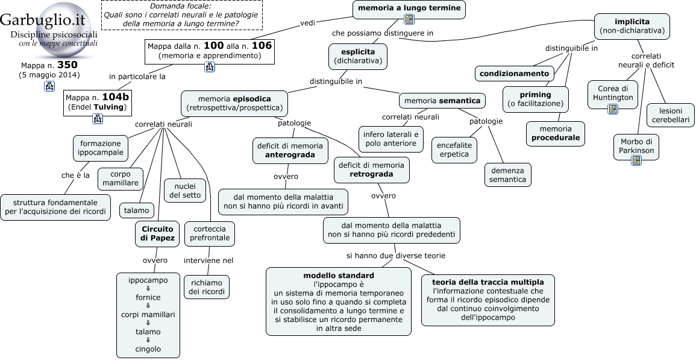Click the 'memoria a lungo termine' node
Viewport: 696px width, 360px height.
click(x=409, y=10)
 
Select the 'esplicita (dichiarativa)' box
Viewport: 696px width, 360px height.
click(x=358, y=57)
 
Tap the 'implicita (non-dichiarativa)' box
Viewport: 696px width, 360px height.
click(x=632, y=26)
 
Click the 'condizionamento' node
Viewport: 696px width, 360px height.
click(x=514, y=74)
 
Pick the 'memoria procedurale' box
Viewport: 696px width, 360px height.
click(x=555, y=133)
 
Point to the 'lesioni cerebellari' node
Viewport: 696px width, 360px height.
click(x=670, y=115)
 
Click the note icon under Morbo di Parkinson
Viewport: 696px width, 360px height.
click(x=636, y=160)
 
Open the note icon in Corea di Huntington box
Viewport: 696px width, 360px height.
click(x=613, y=109)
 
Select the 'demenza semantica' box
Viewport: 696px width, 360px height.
click(x=508, y=175)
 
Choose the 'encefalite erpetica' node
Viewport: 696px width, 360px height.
click(x=454, y=150)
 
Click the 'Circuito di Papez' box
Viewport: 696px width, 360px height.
click(x=157, y=233)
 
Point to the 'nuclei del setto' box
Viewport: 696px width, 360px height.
click(x=185, y=190)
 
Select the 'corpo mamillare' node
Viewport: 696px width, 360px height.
click(x=121, y=178)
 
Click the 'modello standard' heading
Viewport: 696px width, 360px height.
click(x=339, y=276)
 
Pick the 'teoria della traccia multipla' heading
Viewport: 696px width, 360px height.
click(x=488, y=282)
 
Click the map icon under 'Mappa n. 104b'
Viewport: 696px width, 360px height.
click(x=97, y=119)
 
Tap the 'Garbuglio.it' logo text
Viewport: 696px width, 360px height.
click(x=43, y=20)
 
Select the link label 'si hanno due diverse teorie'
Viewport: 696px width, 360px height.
click(x=396, y=256)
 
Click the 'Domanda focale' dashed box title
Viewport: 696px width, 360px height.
click(x=180, y=6)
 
